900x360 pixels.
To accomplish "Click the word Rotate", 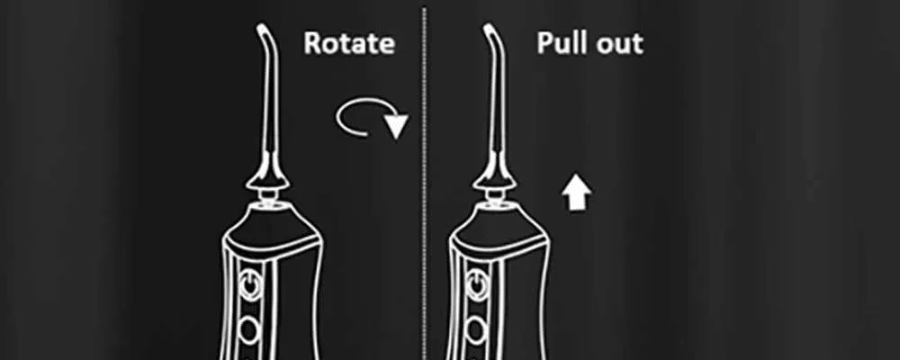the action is [x=349, y=43].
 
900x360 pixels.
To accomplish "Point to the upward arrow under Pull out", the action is [x=576, y=193].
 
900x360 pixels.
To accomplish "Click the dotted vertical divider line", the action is [x=425, y=184].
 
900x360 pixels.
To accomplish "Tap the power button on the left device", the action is [x=249, y=284].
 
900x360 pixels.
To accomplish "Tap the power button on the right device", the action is [x=476, y=284].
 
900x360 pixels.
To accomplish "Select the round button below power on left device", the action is [x=249, y=329].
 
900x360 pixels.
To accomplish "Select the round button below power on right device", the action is [x=476, y=329].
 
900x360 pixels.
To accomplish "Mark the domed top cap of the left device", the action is [x=270, y=227].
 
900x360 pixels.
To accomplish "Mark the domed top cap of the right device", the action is [x=497, y=227].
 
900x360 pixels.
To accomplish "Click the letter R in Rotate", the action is [x=313, y=43].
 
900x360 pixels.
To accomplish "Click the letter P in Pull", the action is [x=545, y=43].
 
